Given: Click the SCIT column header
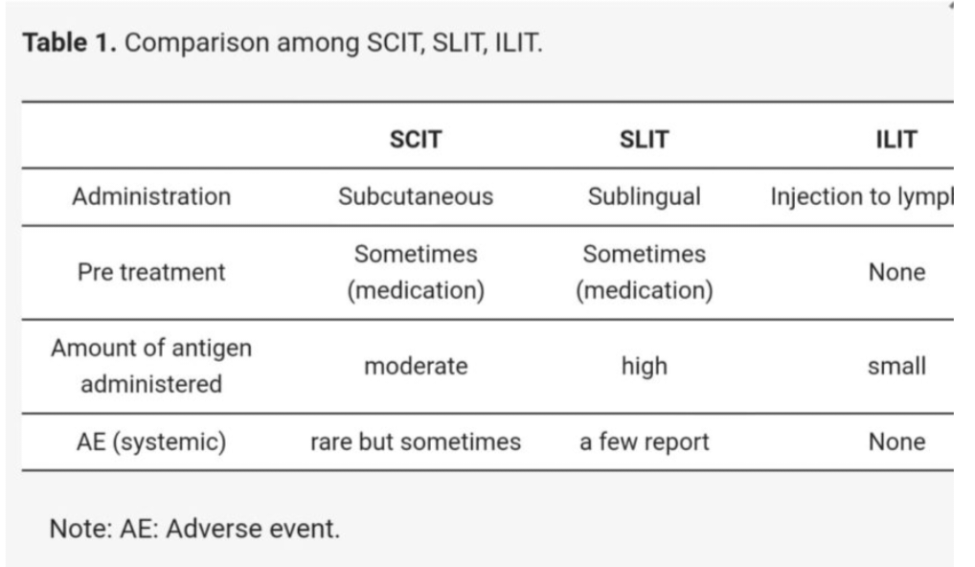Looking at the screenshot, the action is pos(416,139).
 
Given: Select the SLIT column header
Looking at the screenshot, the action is pos(645,139).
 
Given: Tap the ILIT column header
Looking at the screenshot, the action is pos(896,139).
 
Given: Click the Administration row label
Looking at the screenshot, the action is pos(151,196).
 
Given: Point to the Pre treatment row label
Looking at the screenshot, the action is pos(151,272).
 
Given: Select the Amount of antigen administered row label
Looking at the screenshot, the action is pos(151,366).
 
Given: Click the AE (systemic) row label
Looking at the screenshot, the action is pos(151,442).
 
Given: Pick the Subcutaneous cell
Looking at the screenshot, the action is pos(416,196).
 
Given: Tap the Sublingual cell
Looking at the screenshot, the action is pos(645,197).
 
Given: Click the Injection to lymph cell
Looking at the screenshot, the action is pos(862,197).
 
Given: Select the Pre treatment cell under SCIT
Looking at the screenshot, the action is pos(416,272).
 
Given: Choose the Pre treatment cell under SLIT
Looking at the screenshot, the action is pos(645,272).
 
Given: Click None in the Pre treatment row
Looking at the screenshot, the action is pos(896,272).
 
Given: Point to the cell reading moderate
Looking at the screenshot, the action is pos(416,366).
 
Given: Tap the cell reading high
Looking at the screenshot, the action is pos(645,366).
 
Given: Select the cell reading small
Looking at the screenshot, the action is pos(896,366).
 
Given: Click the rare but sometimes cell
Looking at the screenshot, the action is pos(416,442).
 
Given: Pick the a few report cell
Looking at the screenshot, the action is pos(645,442).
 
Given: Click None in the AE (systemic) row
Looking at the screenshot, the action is pos(896,442).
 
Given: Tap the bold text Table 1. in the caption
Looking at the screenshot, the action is pos(70,43).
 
